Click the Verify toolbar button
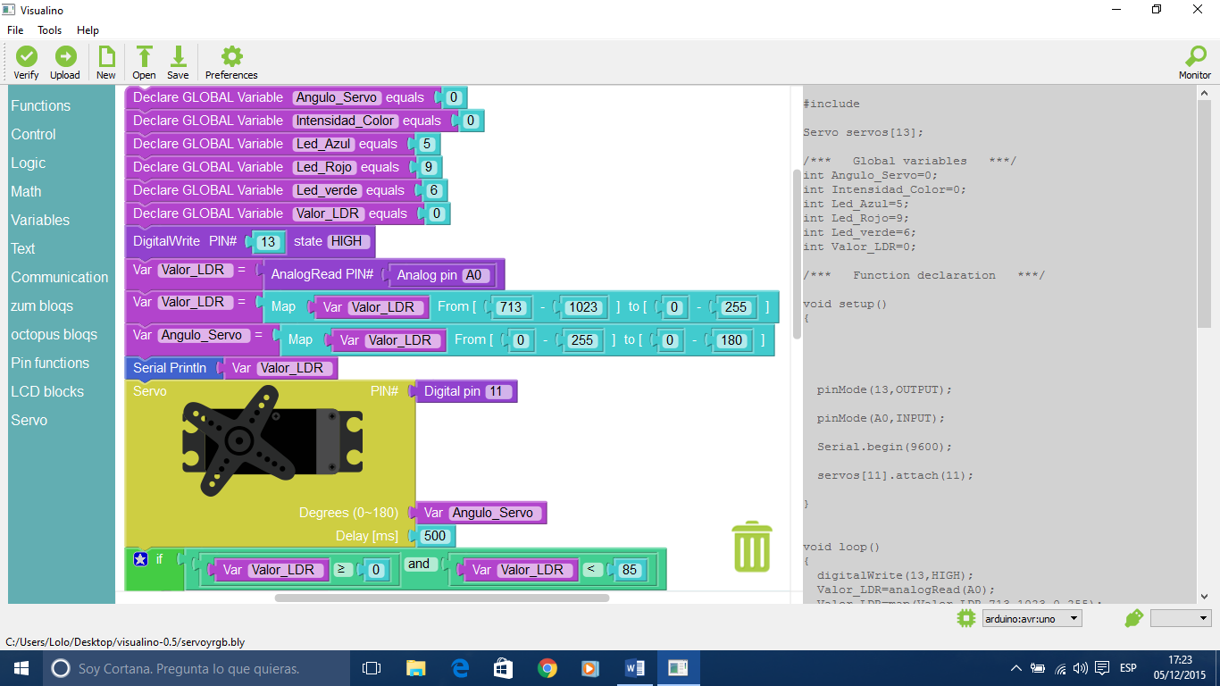[x=26, y=63]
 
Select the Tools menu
[x=50, y=30]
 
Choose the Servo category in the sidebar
[x=29, y=420]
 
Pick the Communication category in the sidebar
[x=60, y=277]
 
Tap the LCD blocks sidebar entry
[x=47, y=391]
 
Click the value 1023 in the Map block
[x=582, y=307]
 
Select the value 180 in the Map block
[x=732, y=340]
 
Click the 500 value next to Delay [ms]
[x=435, y=536]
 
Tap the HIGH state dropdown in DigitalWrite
[x=346, y=241]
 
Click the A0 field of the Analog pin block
[x=473, y=275]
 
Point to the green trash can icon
[x=752, y=547]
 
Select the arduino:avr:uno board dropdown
[x=1032, y=618]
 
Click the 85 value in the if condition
[x=631, y=570]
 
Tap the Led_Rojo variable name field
[x=325, y=167]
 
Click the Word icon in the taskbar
[x=635, y=668]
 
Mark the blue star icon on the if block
[x=140, y=559]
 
